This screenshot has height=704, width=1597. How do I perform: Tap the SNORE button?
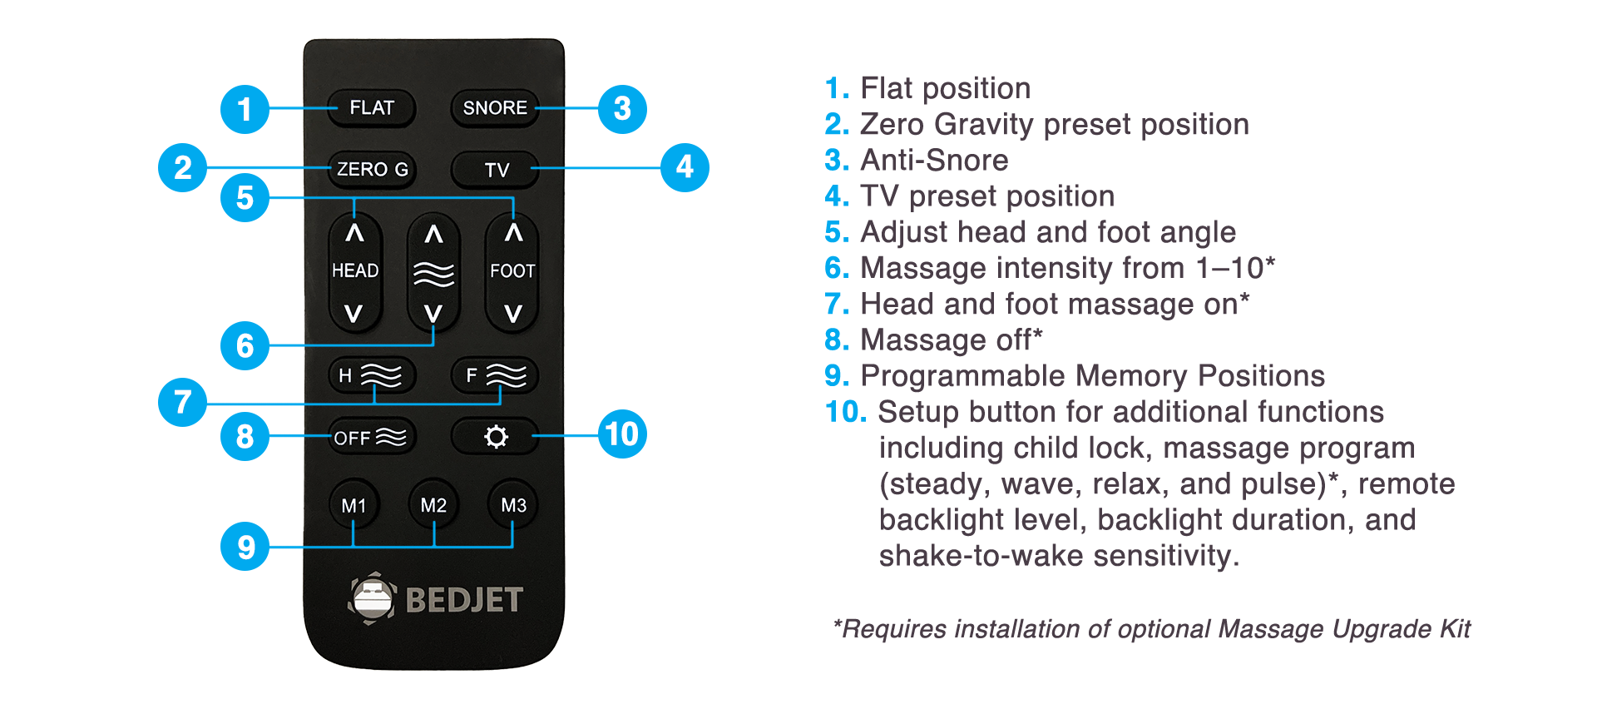tap(495, 108)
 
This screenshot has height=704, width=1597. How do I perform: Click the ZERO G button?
tap(372, 170)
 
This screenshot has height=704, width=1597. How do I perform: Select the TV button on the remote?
tap(495, 170)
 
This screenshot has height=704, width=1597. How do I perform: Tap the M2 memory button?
tap(433, 504)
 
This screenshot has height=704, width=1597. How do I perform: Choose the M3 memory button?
tap(513, 504)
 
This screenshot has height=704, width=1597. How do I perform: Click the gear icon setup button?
tap(495, 436)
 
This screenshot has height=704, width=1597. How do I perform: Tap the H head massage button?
tap(372, 375)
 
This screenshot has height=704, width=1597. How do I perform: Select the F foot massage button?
tap(495, 375)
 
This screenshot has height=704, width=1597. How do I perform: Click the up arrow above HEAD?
tap(355, 234)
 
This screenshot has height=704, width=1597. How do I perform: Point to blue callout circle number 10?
tap(622, 434)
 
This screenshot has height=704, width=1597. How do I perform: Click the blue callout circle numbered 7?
tap(182, 402)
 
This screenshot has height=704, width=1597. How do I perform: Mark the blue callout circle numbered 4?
tap(685, 167)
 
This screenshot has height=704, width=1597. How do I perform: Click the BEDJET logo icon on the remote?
tap(372, 598)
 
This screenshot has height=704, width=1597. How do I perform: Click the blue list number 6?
tap(837, 268)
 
